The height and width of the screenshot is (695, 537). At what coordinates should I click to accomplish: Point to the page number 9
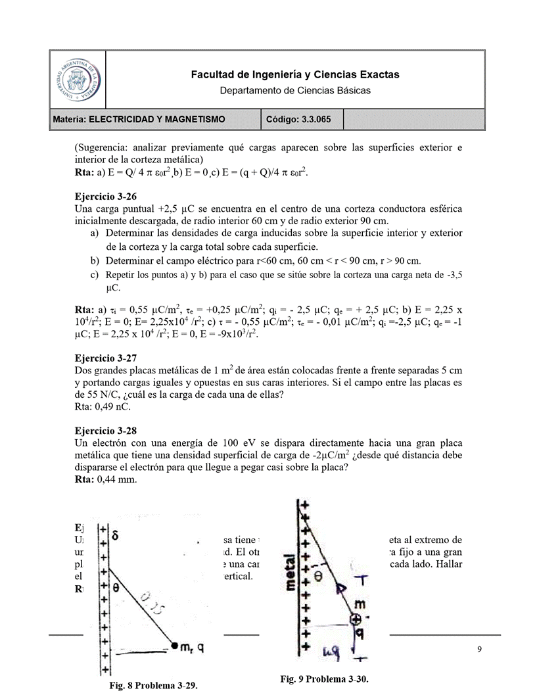coord(479,650)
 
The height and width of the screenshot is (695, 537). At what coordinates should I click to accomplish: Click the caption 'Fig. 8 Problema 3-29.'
coord(153,685)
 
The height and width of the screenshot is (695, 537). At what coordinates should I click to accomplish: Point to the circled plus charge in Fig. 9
coord(355,619)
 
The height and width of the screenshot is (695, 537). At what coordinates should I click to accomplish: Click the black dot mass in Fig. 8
coord(175,645)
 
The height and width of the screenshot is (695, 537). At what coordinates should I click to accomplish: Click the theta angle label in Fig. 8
coord(115,587)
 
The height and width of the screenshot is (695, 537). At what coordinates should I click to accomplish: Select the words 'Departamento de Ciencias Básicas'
coord(295,90)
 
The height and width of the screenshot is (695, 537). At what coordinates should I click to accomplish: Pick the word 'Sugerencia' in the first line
coord(102,147)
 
